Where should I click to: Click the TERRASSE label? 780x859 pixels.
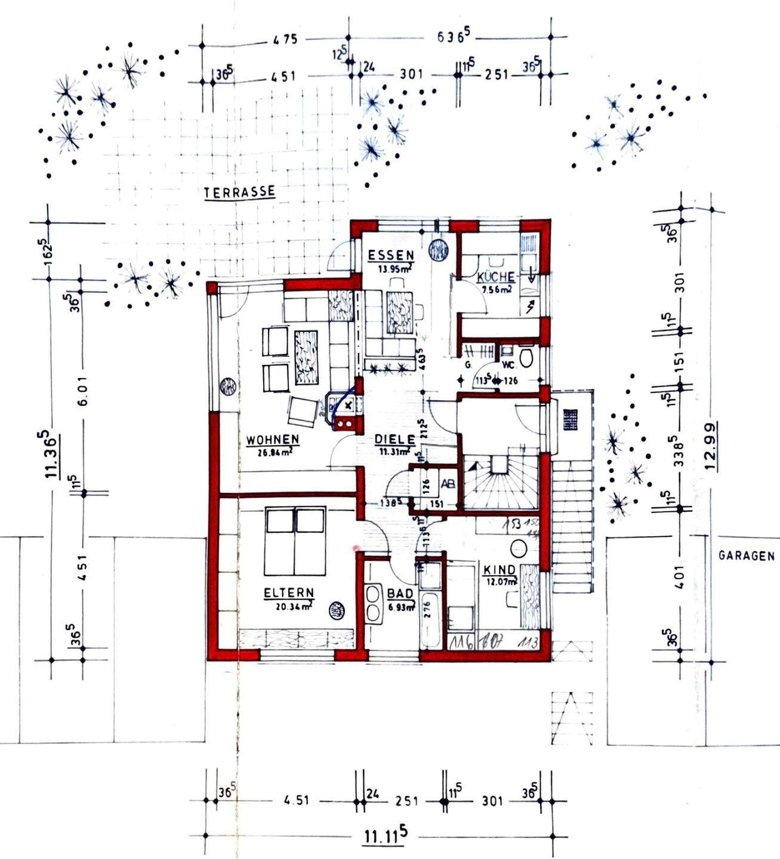coord(239,192)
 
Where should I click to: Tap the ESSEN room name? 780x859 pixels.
coord(390,255)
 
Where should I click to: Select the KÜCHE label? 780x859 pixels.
coord(495,277)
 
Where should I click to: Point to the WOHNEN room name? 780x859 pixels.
coord(273,440)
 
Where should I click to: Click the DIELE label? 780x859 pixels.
coord(394,440)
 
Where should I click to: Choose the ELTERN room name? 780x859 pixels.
coord(289,593)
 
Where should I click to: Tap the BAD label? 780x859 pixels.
coord(400,594)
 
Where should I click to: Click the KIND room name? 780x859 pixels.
coord(500,570)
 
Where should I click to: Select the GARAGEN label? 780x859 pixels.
coord(746,555)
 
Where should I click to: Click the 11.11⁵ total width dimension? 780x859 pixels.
coord(385,836)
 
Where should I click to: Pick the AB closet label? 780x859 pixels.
coord(448,484)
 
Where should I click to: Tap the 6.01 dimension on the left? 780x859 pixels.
coord(83,391)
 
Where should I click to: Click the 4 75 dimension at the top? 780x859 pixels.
coord(285,41)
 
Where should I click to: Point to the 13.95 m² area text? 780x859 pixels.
coord(394,268)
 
